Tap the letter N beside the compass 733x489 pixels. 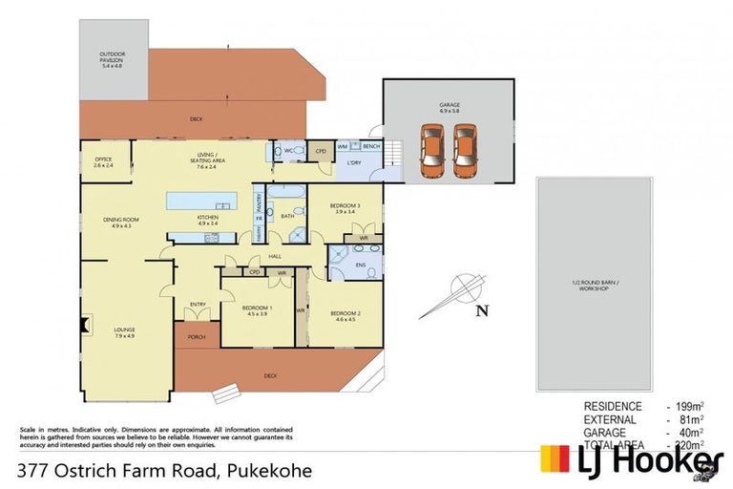click(482, 308)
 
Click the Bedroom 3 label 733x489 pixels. click(346, 208)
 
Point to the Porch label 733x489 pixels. click(197, 335)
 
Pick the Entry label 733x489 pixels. click(198, 305)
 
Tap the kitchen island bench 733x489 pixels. click(200, 201)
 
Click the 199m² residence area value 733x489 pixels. click(689, 406)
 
